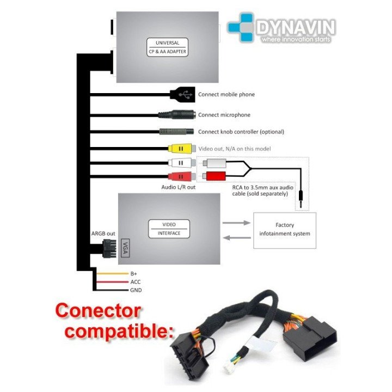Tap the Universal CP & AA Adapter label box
click(x=167, y=47)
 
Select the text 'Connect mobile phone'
click(x=226, y=95)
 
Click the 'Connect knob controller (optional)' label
click(x=241, y=132)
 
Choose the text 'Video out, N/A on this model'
click(x=234, y=149)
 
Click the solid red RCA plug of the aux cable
click(x=216, y=176)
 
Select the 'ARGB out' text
click(x=103, y=234)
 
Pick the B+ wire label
click(x=133, y=274)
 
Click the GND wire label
click(x=136, y=290)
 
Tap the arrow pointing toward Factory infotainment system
click(x=235, y=223)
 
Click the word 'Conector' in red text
click(x=99, y=312)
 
